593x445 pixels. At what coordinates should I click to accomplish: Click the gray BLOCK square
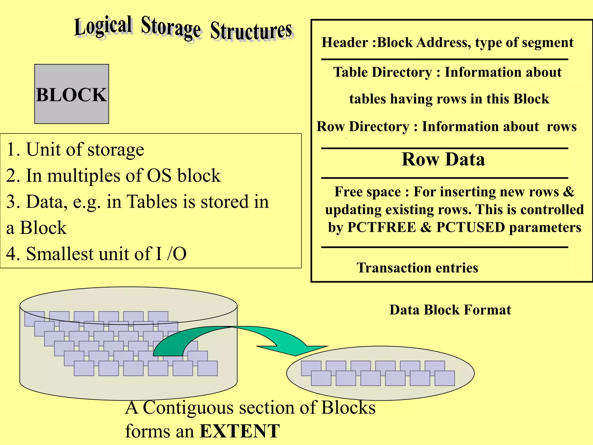tap(72, 94)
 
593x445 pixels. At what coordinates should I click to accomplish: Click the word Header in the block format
tap(345, 43)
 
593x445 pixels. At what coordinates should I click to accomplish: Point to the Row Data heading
tap(443, 159)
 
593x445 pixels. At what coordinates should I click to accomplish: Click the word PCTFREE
tap(381, 227)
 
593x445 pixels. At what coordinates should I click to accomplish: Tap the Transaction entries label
tap(417, 268)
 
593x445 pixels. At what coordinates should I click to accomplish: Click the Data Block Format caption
tap(450, 310)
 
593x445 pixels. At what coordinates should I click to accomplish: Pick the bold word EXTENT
tap(240, 431)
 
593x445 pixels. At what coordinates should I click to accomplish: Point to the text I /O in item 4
tap(171, 254)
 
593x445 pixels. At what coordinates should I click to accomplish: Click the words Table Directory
tap(382, 72)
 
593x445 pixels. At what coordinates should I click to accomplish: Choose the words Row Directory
tap(363, 127)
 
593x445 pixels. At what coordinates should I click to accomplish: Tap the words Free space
tap(367, 192)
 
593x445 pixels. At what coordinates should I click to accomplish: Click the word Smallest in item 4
tap(60, 254)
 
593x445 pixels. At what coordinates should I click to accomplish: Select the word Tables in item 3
tap(152, 202)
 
